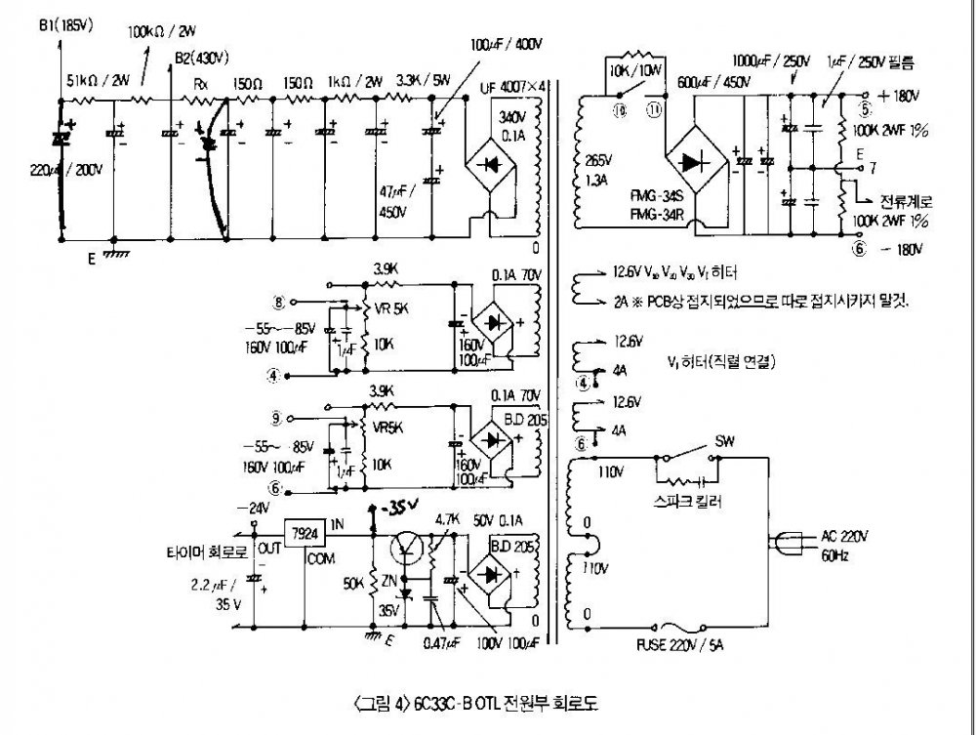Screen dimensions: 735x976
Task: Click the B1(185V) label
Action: pos(65,25)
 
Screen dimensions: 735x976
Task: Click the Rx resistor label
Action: pos(201,86)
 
